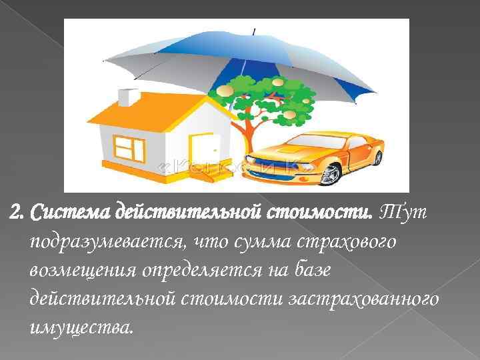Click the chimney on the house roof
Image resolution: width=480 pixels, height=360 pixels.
[128, 97]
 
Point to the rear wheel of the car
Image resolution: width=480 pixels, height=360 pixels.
[377, 158]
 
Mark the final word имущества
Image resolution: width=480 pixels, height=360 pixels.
[81, 328]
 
